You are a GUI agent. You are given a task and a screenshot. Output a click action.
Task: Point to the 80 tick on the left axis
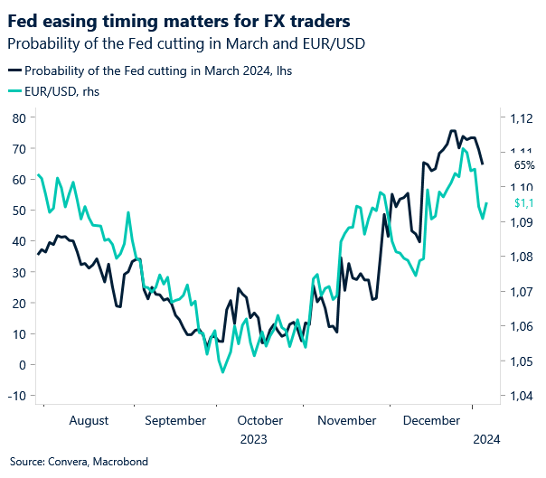[x=17, y=117]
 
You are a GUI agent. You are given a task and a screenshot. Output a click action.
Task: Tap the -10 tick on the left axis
[x=15, y=396]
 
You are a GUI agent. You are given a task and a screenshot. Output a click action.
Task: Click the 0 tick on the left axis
[x=21, y=364]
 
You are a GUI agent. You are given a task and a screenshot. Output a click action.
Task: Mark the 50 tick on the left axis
[x=17, y=211]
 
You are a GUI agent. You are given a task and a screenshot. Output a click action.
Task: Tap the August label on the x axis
[x=88, y=420]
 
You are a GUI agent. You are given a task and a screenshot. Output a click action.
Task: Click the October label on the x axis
[x=260, y=420]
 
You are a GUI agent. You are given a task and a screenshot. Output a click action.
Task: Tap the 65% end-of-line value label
[x=524, y=165]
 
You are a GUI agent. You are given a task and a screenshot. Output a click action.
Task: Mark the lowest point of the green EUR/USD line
[x=221, y=371]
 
